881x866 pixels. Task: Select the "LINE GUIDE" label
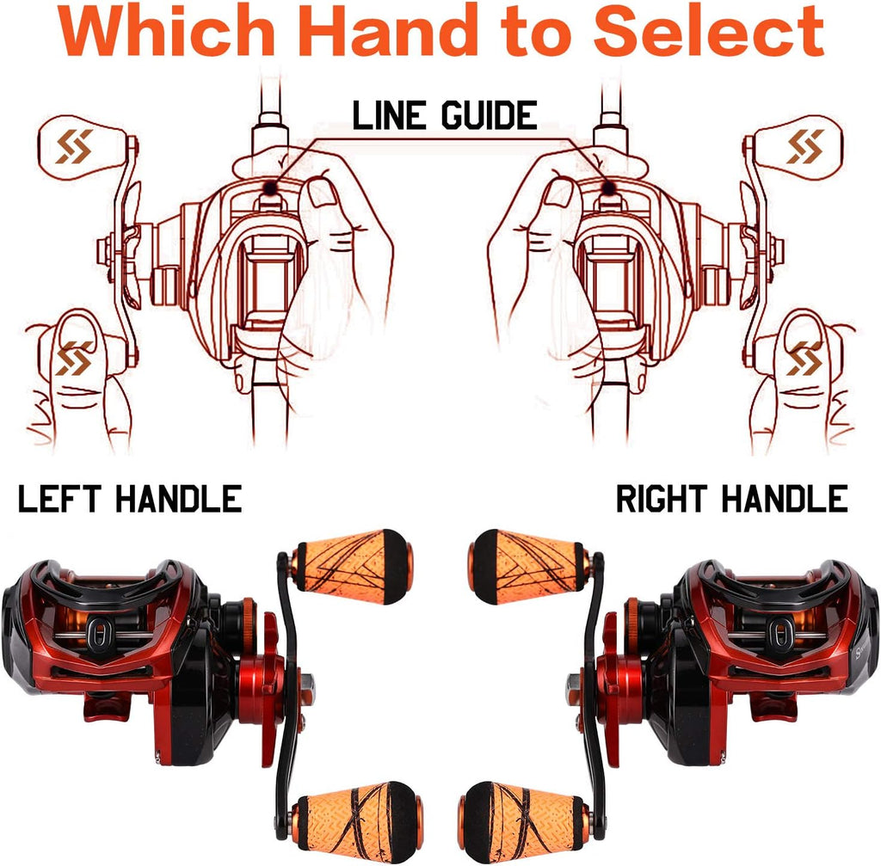445,115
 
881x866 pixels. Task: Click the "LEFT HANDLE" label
129,499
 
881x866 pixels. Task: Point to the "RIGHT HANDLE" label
731,499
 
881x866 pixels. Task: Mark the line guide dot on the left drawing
270,186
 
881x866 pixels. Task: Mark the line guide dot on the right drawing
610,186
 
